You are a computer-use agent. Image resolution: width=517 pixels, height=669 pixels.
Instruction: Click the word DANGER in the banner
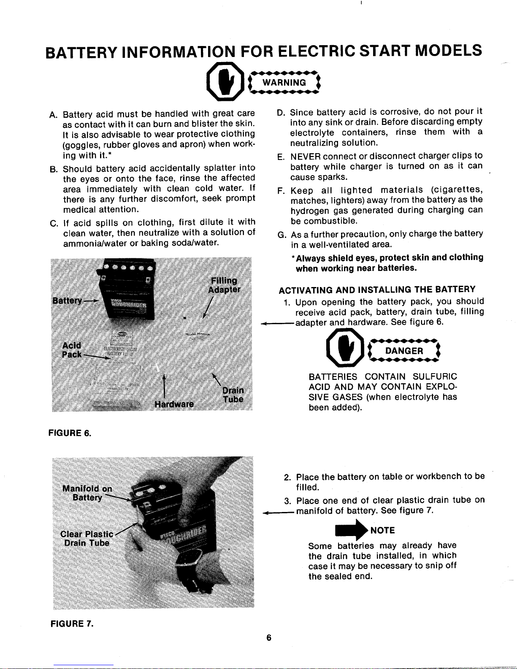click(x=404, y=351)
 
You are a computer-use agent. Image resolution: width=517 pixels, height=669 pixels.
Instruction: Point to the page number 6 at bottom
click(x=268, y=638)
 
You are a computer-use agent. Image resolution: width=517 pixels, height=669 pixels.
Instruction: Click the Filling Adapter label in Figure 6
click(x=224, y=285)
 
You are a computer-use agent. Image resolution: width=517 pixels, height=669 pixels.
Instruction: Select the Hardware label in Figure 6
click(x=174, y=404)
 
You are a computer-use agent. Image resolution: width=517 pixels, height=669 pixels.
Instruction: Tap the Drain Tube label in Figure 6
click(x=233, y=394)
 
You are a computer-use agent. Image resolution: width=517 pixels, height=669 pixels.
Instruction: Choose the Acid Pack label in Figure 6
click(x=72, y=350)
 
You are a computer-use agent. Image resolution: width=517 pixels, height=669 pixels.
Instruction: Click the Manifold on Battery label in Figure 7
click(x=87, y=493)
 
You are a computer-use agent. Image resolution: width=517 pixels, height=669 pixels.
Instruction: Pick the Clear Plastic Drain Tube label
click(x=87, y=538)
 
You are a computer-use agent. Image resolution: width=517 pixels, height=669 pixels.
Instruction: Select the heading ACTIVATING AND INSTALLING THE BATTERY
click(x=377, y=290)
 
